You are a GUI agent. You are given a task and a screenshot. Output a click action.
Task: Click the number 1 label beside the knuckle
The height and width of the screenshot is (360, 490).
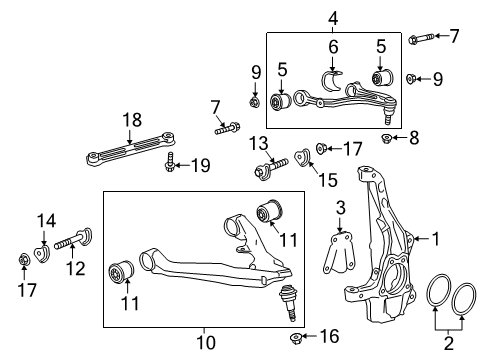pos(435,238)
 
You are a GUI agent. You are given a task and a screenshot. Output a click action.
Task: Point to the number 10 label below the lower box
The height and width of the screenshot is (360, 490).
pos(205,343)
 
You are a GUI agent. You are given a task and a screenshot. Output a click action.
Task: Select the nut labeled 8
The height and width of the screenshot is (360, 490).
pos(390,138)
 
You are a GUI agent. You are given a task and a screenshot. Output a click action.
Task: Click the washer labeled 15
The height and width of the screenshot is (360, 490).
pos(299,159)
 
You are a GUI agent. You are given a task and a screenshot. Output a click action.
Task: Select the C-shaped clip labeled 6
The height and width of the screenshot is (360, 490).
pos(333,78)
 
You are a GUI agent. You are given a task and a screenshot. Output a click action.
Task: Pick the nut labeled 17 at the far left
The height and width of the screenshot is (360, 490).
pos(22,262)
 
